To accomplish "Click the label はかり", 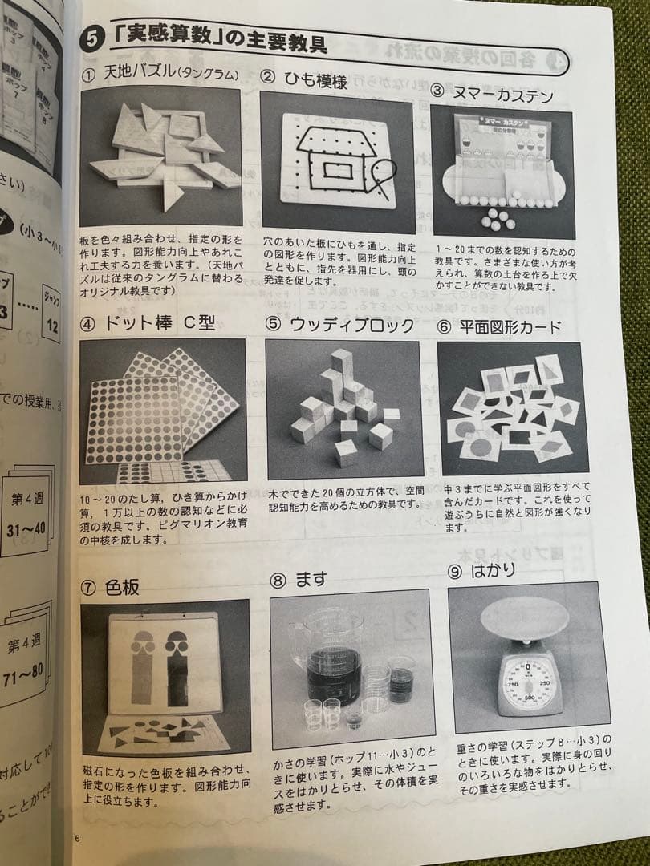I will tap(492, 570).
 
